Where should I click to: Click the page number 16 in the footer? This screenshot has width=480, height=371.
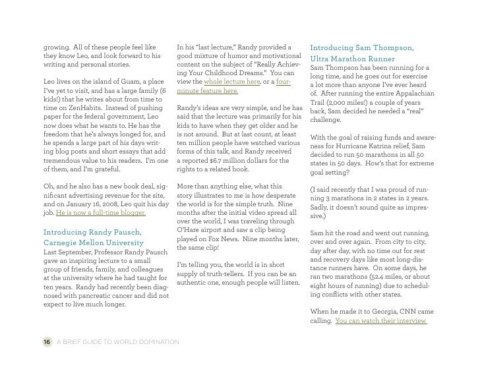45,341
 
